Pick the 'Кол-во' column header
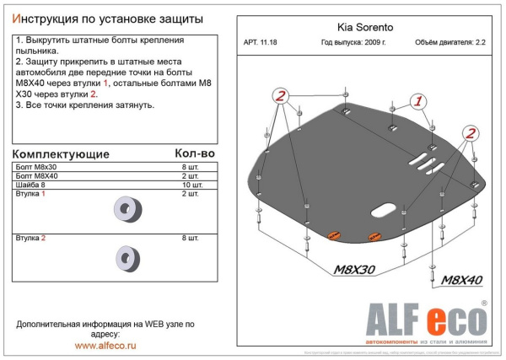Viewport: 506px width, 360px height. (x=195, y=153)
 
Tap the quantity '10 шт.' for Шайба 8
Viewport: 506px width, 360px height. (x=191, y=184)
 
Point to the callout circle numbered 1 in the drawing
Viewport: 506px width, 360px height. (x=416, y=103)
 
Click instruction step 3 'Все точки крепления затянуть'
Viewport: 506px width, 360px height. (x=84, y=105)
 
